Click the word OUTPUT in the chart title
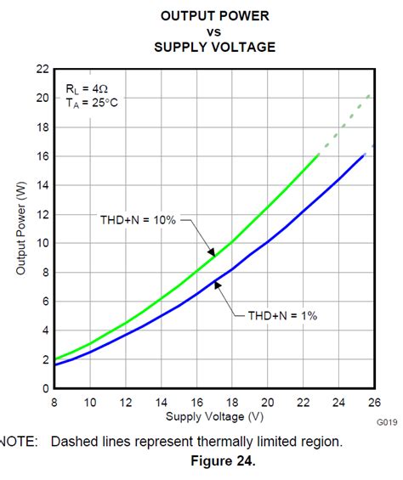pos(181,15)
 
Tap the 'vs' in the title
pos(214,31)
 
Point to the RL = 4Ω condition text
pos(87,88)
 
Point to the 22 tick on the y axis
pos(42,69)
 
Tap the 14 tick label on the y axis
pos(42,185)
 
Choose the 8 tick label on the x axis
pos(54,401)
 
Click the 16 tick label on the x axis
pos(196,401)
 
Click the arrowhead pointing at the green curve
pos(211,251)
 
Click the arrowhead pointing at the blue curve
pos(218,286)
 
